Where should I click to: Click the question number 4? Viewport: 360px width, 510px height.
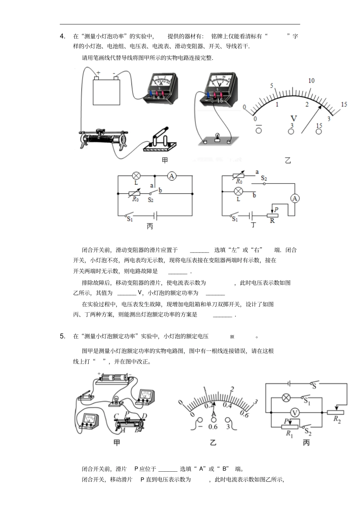63,36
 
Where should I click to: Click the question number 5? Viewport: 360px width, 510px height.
63,336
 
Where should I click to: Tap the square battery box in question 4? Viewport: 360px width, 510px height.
106,91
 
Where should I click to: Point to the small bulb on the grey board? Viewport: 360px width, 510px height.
218,136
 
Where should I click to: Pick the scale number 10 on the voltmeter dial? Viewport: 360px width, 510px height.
311,80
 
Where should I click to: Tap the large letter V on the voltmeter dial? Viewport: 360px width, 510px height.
293,118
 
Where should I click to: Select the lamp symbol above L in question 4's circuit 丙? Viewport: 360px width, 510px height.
136,176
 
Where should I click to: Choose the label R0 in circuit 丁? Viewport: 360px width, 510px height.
239,181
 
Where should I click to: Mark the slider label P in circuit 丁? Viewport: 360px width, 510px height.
276,209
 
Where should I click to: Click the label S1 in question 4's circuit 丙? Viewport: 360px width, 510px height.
130,219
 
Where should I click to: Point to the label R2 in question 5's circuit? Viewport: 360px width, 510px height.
337,419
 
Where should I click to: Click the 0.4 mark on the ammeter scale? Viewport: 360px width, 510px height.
227,405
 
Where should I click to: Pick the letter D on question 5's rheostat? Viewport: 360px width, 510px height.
144,416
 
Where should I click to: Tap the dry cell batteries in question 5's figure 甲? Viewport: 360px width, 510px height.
113,378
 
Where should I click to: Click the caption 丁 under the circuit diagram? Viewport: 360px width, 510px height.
253,225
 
